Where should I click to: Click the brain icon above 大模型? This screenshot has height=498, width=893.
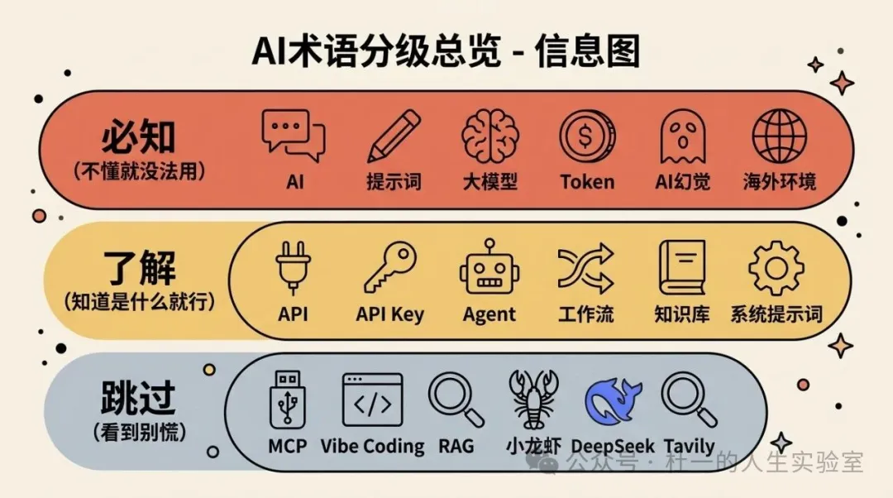pos(490,136)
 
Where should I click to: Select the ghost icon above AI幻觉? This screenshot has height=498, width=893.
pos(682,136)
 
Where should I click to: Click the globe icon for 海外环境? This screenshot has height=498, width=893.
pos(779,136)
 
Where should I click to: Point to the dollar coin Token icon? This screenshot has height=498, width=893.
pos(587,136)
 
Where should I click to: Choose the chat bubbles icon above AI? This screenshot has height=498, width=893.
pos(294,136)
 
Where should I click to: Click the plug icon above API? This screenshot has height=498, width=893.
pos(293,267)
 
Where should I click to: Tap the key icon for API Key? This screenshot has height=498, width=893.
pos(389,267)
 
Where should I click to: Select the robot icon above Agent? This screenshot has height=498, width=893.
pos(489,267)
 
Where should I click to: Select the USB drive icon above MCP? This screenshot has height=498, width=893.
pos(288,400)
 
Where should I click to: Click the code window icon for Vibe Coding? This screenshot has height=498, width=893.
pos(372,400)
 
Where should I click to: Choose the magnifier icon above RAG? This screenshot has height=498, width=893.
pos(456,400)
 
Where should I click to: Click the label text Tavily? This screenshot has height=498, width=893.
pos(689,447)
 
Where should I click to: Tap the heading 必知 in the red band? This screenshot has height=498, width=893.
pos(139,137)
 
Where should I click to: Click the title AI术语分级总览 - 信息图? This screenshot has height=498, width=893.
pos(446,51)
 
